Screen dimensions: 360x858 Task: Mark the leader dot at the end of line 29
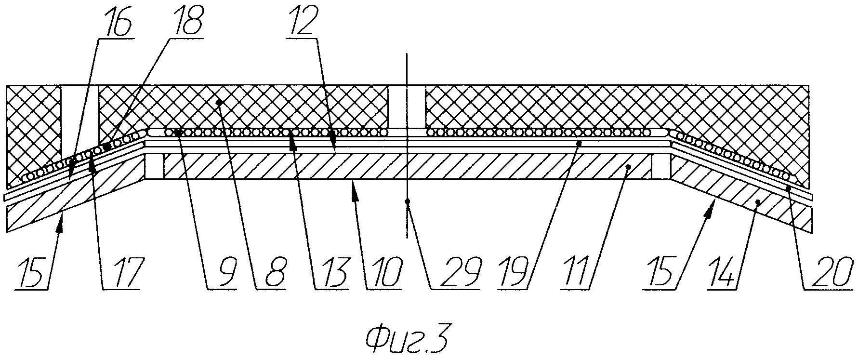pos(408,201)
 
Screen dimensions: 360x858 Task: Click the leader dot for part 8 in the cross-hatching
pos(219,102)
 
